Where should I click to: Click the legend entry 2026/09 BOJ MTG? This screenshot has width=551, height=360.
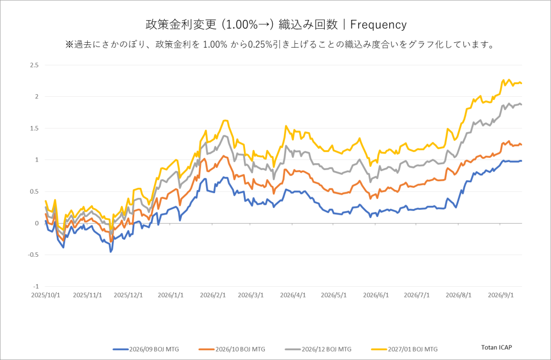click(x=146, y=349)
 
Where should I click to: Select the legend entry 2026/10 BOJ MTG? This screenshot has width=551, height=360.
click(x=232, y=349)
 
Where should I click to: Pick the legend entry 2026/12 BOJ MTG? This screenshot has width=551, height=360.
click(x=318, y=349)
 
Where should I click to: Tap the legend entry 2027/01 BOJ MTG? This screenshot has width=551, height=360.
click(x=404, y=349)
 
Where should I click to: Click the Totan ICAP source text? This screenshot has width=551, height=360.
click(x=496, y=347)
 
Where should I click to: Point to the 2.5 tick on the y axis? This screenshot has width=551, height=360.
click(x=34, y=65)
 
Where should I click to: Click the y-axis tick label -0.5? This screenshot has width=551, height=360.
click(x=33, y=255)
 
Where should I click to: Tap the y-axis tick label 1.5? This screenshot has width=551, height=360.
click(x=34, y=128)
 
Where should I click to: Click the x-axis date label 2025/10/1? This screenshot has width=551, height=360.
click(x=45, y=295)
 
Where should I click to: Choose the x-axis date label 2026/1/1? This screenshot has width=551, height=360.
click(x=171, y=295)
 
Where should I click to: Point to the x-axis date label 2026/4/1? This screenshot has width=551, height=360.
click(x=293, y=295)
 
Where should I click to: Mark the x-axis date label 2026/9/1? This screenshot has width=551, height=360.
click(x=501, y=295)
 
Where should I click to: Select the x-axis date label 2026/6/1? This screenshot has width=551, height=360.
click(x=376, y=295)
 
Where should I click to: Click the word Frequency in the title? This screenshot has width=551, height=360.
click(x=378, y=25)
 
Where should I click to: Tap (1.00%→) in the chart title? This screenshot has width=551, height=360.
click(x=247, y=25)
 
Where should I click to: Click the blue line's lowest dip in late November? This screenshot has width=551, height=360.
click(x=111, y=252)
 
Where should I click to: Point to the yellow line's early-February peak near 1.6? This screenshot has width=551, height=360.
click(x=226, y=121)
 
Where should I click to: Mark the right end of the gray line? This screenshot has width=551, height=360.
click(x=522, y=104)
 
